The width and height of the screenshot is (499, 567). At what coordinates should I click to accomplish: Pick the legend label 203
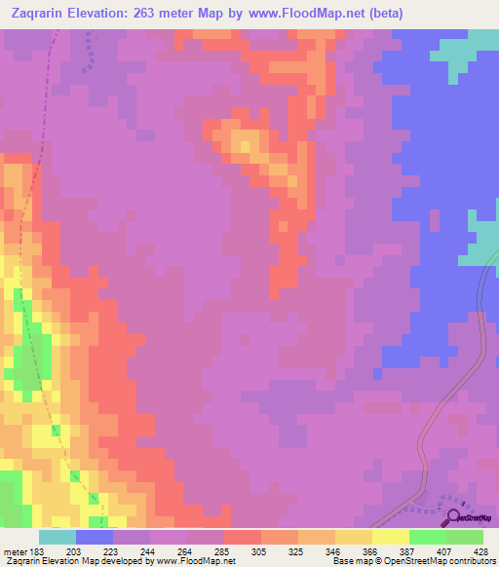75,551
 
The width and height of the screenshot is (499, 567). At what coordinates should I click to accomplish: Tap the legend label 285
224,551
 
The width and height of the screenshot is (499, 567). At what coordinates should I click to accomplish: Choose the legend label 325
298,551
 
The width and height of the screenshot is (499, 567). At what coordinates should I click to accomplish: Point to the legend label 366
371,551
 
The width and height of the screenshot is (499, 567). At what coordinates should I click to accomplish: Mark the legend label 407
445,551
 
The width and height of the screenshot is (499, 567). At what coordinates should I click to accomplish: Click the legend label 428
482,551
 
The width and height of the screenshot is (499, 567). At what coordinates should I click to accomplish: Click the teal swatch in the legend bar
58,537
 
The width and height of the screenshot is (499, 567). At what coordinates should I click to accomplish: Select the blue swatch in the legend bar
95,537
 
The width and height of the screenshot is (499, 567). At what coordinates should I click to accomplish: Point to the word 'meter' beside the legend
13,551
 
